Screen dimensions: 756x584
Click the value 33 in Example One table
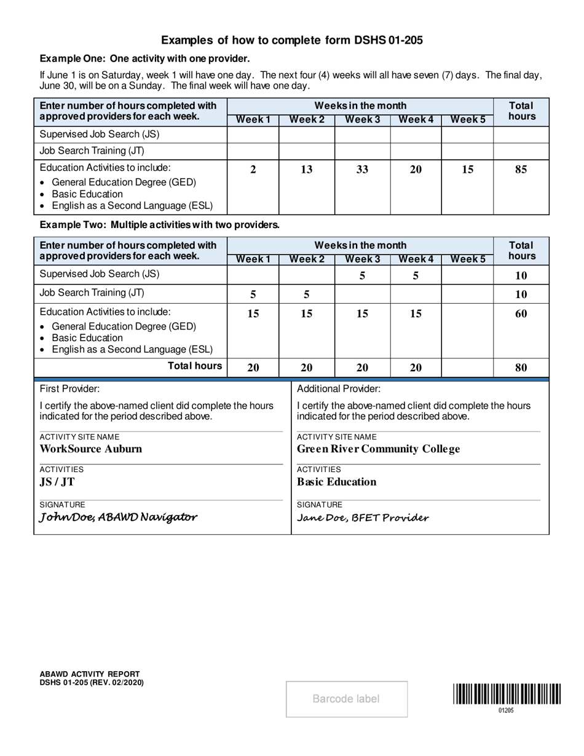pos(362,170)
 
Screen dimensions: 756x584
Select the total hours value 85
pos(521,170)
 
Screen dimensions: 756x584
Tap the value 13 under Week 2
pos(306,170)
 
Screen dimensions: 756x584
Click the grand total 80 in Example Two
pos(521,368)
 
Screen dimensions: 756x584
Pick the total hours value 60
pos(521,314)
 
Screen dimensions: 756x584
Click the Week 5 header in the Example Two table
pos(467,259)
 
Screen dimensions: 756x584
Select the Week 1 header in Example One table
pos(253,120)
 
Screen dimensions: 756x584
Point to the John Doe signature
pos(119,517)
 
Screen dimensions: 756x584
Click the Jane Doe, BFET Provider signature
pos(363,518)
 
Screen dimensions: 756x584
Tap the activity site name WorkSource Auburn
pos(91,449)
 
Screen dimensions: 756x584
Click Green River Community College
pos(378,449)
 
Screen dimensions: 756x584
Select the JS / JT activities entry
pos(57,482)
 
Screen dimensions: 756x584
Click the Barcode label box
pos(346,699)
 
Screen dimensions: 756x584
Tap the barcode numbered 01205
pos(507,695)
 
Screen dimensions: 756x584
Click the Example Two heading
pos(160,225)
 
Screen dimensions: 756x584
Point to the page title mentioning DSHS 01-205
pos(292,41)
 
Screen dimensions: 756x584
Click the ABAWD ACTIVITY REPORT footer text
pos(90,674)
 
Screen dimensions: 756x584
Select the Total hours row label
pos(195,366)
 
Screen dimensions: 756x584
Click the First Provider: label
pos(69,388)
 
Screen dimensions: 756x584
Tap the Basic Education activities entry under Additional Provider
pos(337,482)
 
